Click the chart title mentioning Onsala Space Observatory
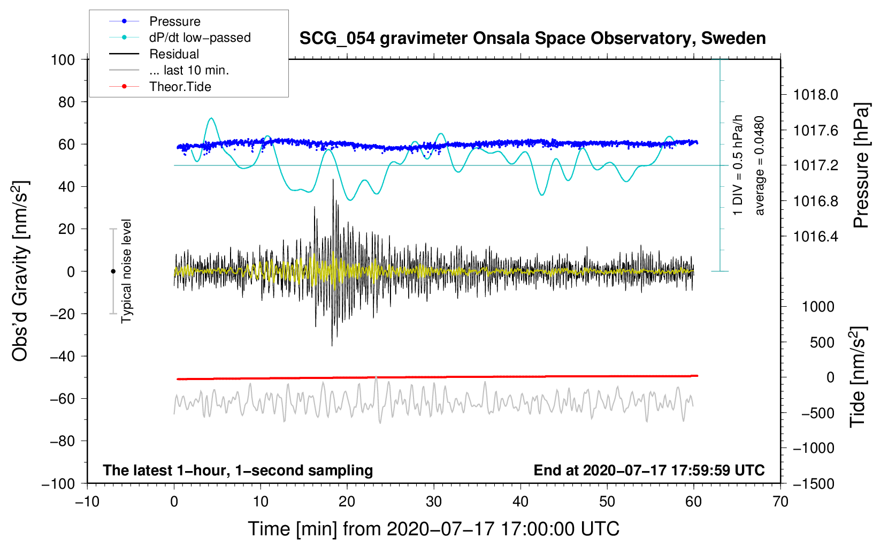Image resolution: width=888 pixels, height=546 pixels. pos(532,39)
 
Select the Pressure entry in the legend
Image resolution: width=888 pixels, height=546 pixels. pos(174,21)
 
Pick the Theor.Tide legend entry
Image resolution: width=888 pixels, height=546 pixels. pos(180,87)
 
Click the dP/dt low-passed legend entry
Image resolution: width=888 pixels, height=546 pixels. pos(200,37)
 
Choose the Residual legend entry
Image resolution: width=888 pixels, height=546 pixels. pos(174,54)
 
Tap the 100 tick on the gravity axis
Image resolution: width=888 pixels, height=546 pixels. pos(63,59)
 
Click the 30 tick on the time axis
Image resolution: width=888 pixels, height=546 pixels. pos(434,502)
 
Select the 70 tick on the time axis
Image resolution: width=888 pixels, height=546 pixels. pos(780,502)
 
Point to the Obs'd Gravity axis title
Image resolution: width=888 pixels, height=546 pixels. pos(20,271)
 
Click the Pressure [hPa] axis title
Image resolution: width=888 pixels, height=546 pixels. pos(861,166)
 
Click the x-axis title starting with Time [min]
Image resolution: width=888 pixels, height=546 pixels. pos(433,529)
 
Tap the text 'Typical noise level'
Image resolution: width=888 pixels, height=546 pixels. pos(126,271)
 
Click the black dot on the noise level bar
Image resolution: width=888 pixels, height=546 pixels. pos(113,271)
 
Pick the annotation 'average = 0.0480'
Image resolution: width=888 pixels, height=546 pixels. pos(760,166)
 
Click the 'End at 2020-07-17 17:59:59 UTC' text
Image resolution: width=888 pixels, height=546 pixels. pos(649,471)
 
